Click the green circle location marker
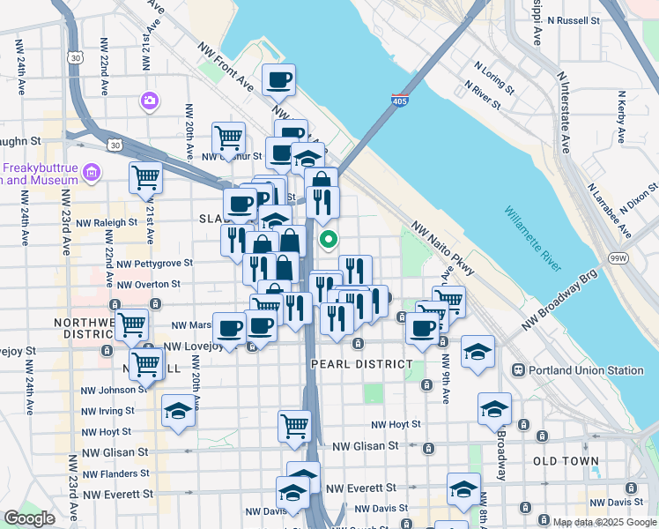pos(329,238)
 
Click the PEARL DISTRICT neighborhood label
pos(361,363)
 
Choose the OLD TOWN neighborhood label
pos(566,461)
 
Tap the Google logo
pos(29,518)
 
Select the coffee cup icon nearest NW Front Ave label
pos(279,79)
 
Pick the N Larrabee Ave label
pos(611,212)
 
